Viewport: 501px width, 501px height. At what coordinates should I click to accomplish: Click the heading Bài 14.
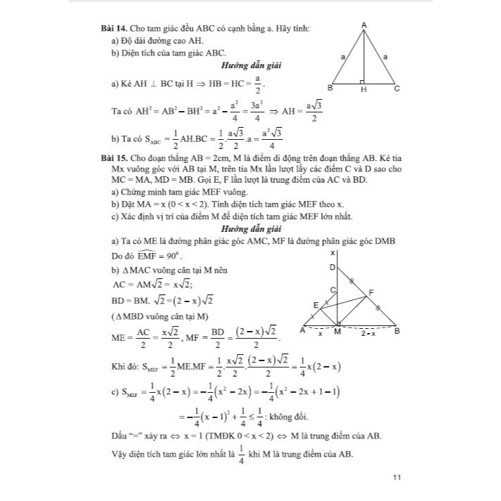point(115,27)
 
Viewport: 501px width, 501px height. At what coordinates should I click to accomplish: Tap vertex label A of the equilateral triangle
point(364,25)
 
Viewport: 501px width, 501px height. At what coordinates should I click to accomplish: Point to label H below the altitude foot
point(363,90)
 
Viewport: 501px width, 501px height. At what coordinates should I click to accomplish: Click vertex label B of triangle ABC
point(330,89)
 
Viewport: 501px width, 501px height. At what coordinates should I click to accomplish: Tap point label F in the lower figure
point(371,291)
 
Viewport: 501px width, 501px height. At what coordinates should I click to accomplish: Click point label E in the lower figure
point(315,304)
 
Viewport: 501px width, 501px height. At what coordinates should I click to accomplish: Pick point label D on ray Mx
point(332,267)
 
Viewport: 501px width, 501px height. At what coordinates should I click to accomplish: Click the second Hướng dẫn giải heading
point(251,229)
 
